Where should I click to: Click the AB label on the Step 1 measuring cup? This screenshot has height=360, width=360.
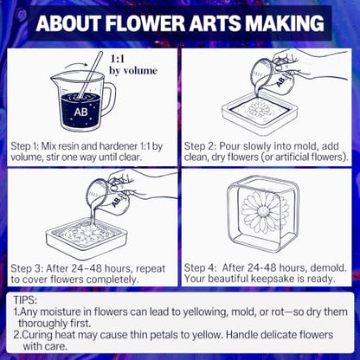click(x=80, y=112)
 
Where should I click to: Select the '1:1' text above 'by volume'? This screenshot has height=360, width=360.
click(x=118, y=59)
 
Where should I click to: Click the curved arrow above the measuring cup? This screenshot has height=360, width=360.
click(x=75, y=65)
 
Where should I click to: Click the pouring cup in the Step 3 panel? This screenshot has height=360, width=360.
click(x=109, y=196)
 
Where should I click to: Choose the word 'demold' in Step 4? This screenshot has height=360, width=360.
click(x=329, y=268)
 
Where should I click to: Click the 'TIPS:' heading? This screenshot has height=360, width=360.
click(x=25, y=300)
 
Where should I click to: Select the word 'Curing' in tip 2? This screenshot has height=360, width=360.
click(x=37, y=335)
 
